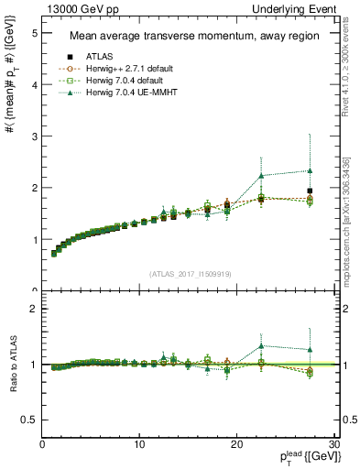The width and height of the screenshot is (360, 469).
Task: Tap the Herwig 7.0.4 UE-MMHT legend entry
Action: click(130, 93)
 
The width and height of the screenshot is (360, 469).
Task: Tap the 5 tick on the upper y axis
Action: click(35, 33)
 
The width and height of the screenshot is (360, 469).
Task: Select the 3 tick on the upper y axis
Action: click(35, 136)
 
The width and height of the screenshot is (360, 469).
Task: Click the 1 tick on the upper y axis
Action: click(35, 239)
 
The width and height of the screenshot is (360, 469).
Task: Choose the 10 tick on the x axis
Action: click(139, 444)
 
